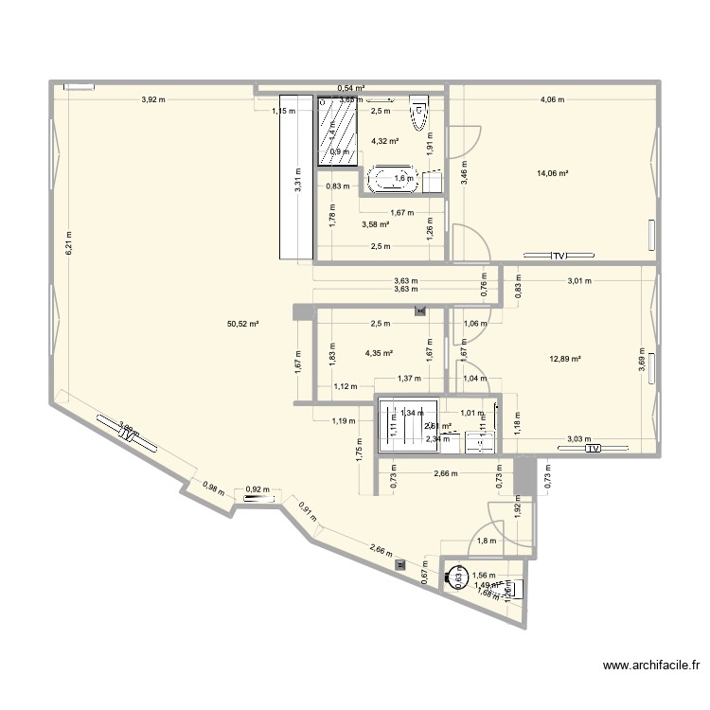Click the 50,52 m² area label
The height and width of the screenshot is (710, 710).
click(x=242, y=324)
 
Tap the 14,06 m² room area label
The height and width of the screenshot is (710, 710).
click(x=552, y=173)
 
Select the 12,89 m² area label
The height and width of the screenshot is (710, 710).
click(x=564, y=359)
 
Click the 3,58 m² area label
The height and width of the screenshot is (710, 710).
click(x=376, y=224)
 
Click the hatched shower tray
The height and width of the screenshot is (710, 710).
click(x=338, y=131)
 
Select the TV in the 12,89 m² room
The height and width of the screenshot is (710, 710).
click(x=593, y=449)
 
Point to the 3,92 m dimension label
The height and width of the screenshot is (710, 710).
click(x=152, y=99)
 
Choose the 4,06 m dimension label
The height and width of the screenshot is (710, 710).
click(x=552, y=99)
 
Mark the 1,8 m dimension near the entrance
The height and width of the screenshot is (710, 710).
click(x=487, y=541)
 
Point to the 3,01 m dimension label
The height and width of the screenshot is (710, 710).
click(x=579, y=280)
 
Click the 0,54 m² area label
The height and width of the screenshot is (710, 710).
click(x=352, y=88)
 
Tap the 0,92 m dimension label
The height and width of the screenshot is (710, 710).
click(x=257, y=490)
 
